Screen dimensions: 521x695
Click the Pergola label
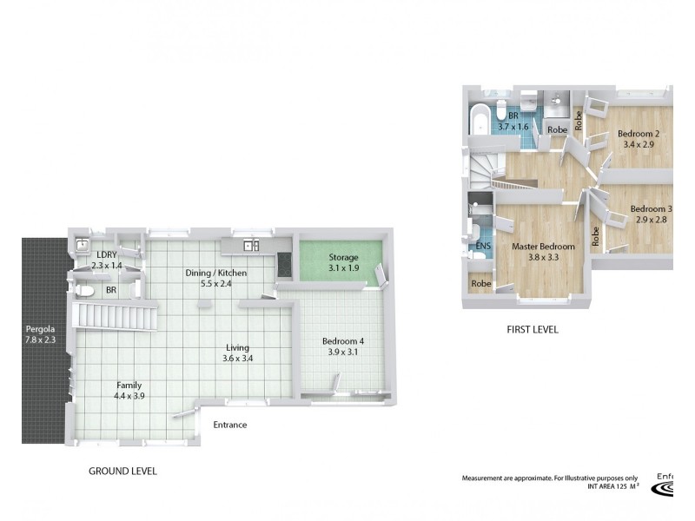click(41, 329)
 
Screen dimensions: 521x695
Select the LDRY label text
click(108, 254)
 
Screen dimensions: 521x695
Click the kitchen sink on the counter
click(252, 246)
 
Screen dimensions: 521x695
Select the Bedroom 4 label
click(342, 341)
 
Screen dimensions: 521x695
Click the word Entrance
click(230, 425)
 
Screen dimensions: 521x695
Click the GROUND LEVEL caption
click(122, 472)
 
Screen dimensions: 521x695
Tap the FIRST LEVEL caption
click(532, 330)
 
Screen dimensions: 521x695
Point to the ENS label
click(483, 246)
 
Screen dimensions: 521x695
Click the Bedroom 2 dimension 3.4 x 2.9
click(639, 145)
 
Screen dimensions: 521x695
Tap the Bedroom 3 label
click(651, 209)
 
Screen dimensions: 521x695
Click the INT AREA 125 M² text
click(612, 486)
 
